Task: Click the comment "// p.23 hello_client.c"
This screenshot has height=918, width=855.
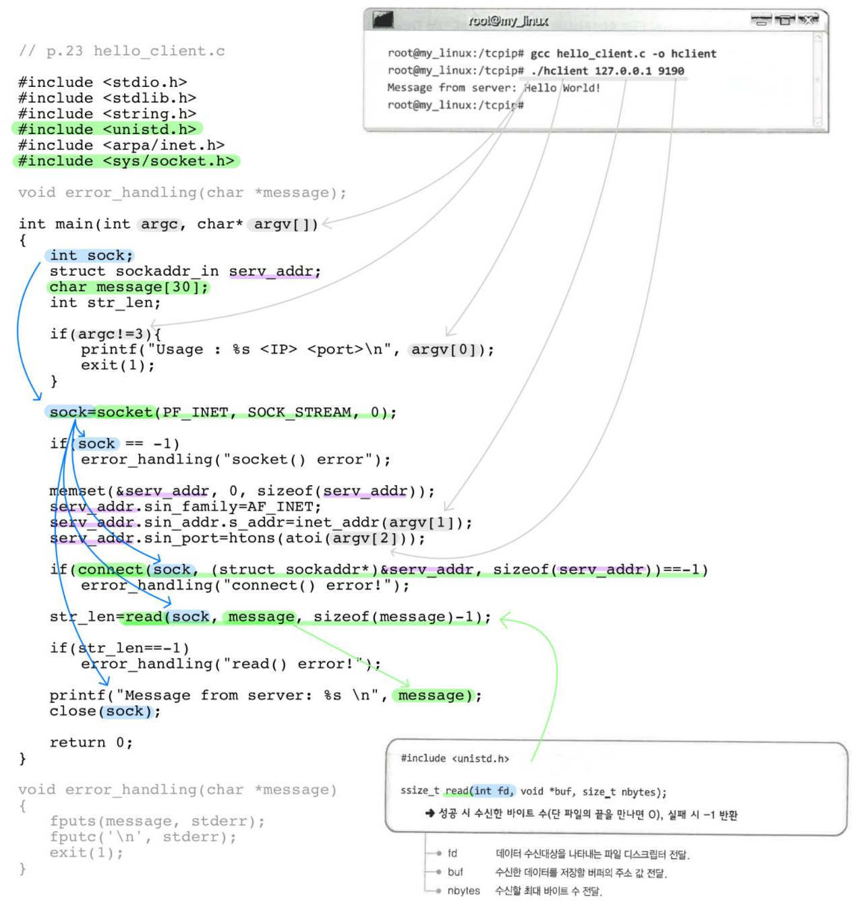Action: click(122, 51)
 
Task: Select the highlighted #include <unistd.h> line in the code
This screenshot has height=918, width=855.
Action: click(107, 129)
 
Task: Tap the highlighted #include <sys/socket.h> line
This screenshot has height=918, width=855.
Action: click(126, 161)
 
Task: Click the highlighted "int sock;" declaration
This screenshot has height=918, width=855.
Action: click(91, 255)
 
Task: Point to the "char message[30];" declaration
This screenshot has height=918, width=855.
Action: click(129, 287)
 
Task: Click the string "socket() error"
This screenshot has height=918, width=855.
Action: click(297, 460)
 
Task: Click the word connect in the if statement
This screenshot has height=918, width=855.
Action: click(111, 570)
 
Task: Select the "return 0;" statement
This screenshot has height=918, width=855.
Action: click(91, 742)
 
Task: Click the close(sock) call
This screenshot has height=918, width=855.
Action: click(104, 711)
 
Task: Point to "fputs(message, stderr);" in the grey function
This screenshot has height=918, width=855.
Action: click(157, 821)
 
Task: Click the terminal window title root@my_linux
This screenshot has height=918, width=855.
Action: click(508, 21)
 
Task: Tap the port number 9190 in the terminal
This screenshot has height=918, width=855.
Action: click(671, 71)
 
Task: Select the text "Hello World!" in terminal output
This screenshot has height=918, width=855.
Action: click(562, 88)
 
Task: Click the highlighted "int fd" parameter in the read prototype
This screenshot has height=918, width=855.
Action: click(492, 791)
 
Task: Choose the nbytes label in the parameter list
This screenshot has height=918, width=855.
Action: click(463, 890)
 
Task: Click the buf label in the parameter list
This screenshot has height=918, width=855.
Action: click(455, 872)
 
